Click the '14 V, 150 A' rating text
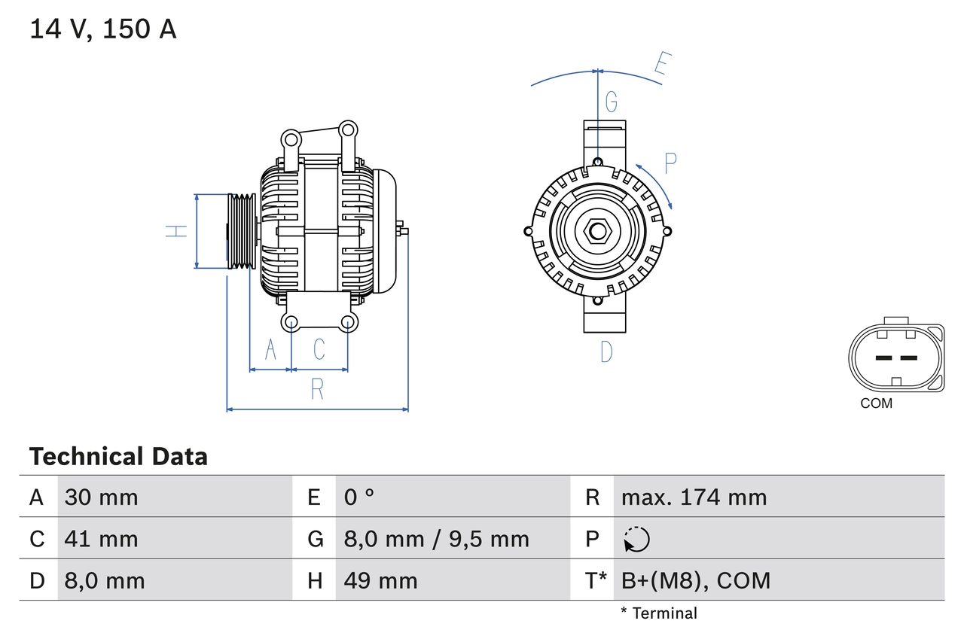[102, 29]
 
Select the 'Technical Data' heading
[117, 456]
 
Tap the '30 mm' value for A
[101, 497]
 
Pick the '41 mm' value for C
[101, 539]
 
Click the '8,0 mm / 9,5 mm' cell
[436, 539]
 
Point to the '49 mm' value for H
[380, 580]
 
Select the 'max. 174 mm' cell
[694, 497]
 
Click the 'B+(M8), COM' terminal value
[696, 580]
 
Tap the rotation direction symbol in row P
[636, 539]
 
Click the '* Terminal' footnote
[659, 613]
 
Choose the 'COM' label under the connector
[876, 403]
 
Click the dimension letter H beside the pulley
[176, 231]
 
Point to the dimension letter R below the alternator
[317, 389]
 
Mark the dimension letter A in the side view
[270, 349]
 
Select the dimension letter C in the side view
[319, 349]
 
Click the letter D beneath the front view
[606, 351]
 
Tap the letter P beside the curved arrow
[670, 161]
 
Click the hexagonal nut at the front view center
[597, 231]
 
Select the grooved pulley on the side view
[242, 231]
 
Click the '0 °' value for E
[359, 497]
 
